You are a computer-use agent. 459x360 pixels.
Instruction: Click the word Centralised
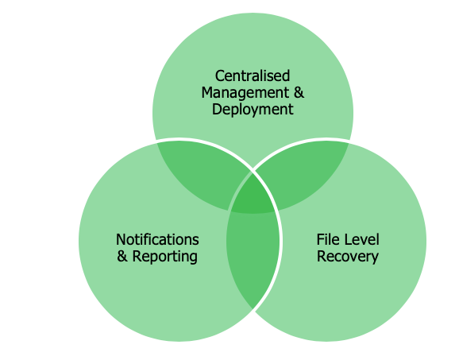coord(253,75)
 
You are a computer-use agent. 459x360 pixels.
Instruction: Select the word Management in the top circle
coord(245,94)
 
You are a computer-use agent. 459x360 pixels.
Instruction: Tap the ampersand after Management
coord(299,92)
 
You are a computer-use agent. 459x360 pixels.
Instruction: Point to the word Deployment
coord(253,110)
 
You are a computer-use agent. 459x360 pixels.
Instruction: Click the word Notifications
coord(157,240)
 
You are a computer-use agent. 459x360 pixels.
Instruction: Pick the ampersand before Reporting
coord(122,257)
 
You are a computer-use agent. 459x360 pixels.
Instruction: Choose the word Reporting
coord(165,257)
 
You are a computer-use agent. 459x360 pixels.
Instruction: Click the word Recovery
coord(348,257)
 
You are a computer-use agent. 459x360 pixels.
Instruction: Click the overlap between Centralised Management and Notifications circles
coord(202,172)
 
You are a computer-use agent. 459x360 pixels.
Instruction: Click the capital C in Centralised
coord(219,76)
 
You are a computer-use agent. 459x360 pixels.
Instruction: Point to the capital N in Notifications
coord(121,240)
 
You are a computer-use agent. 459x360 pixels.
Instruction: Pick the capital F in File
coord(321,240)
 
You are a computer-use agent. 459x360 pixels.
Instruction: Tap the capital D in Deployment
coord(217,109)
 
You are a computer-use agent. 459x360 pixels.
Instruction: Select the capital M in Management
coord(207,93)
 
